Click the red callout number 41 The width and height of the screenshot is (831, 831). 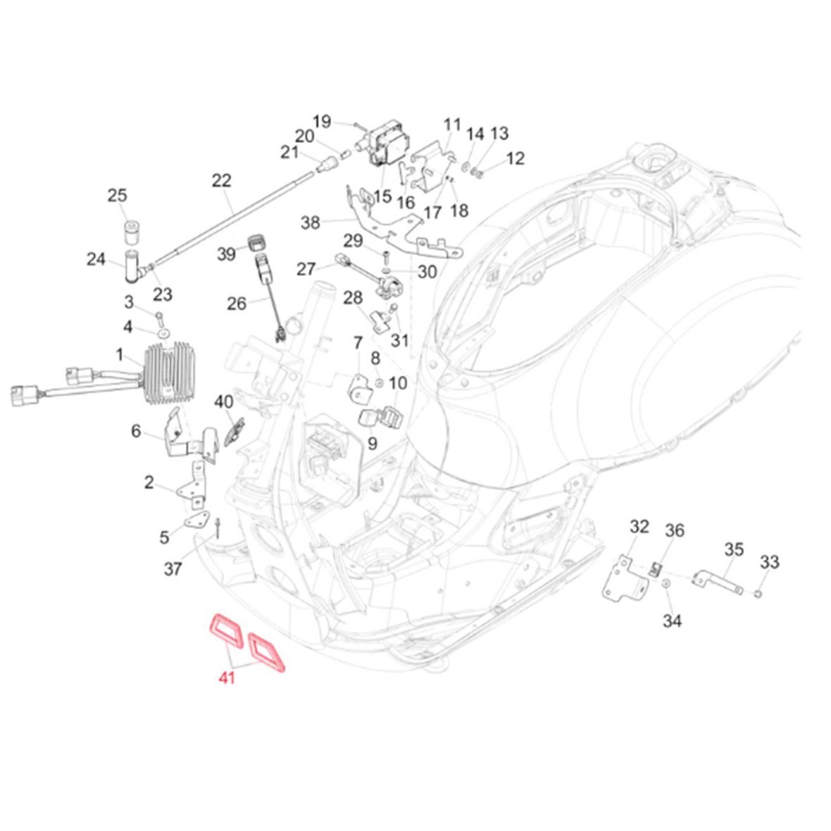click(227, 678)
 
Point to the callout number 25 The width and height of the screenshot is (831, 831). click(117, 195)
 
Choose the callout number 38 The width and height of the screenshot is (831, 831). click(310, 223)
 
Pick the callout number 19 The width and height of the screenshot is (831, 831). click(322, 121)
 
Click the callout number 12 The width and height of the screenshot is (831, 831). click(515, 158)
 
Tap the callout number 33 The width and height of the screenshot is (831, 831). click(770, 562)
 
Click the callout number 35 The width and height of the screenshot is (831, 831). click(734, 549)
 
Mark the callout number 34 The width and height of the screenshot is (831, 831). click(672, 620)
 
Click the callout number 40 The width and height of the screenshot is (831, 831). click(223, 402)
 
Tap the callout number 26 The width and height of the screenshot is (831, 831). click(237, 304)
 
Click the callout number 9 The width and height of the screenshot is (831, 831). click(372, 444)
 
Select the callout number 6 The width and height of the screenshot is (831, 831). click(136, 431)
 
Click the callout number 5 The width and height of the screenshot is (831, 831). click(164, 537)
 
